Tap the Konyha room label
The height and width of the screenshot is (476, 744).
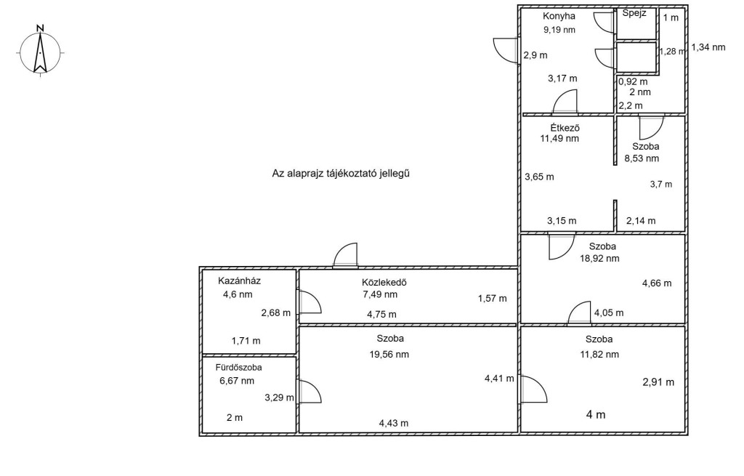tap(559, 16)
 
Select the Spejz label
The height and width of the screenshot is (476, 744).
tap(634, 13)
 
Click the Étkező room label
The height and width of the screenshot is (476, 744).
tap(565, 128)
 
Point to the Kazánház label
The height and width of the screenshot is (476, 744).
tap(239, 281)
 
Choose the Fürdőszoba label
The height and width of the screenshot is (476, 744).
tap(238, 367)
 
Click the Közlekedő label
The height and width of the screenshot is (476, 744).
tap(384, 283)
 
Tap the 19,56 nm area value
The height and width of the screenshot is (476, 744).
tap(389, 355)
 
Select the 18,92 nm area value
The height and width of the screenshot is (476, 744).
tap(599, 259)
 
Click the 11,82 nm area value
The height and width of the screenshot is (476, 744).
tap(599, 355)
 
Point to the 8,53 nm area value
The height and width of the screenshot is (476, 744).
tap(642, 158)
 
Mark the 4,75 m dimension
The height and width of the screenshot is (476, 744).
tap(381, 315)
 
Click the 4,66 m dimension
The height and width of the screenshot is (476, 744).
tap(657, 283)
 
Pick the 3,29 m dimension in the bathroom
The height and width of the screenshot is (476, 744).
tap(279, 398)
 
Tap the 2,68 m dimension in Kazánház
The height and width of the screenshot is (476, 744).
tap(275, 313)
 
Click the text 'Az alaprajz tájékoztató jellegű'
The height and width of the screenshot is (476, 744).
tap(341, 174)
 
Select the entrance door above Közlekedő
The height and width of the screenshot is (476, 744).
tap(345, 256)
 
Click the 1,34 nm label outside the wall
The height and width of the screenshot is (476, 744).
tap(708, 47)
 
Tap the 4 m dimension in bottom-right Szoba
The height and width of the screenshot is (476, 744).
tap(596, 415)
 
